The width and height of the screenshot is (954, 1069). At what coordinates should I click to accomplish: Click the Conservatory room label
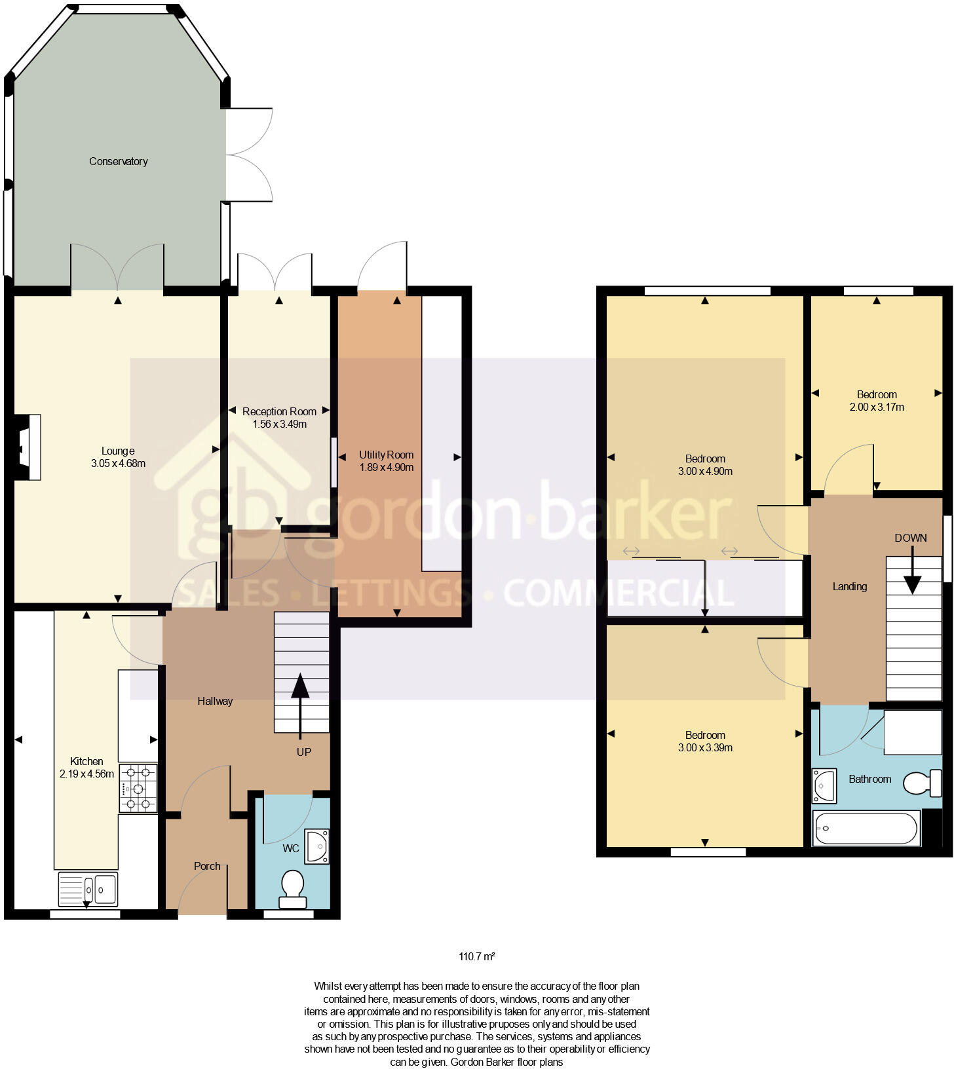(118, 161)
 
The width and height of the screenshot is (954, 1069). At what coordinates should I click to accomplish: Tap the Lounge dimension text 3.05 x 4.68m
(118, 463)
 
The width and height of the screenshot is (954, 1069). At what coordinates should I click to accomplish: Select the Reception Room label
(279, 411)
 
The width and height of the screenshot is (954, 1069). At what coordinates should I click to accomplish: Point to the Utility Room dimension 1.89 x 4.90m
(386, 467)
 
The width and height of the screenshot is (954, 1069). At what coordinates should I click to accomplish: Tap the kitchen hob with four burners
(138, 789)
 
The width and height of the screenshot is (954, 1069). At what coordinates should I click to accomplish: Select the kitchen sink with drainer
(88, 889)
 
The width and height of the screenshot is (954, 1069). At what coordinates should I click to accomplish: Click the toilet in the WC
(292, 889)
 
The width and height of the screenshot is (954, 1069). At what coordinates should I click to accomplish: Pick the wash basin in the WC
(318, 846)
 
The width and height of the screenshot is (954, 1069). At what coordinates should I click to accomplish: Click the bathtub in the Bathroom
(866, 829)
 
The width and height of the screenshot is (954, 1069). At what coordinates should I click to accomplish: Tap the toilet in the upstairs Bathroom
(922, 783)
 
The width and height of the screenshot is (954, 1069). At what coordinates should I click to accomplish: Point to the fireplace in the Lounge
(28, 447)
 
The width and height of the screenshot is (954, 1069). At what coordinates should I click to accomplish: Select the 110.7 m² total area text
(476, 956)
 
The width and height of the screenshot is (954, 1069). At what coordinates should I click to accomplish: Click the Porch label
(207, 866)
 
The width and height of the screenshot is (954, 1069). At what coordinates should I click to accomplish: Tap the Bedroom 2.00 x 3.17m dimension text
(877, 407)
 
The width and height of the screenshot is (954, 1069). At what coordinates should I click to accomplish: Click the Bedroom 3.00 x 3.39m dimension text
(705, 747)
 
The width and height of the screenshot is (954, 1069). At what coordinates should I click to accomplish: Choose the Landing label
(849, 586)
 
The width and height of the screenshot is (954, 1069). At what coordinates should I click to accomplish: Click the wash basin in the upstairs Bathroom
(824, 785)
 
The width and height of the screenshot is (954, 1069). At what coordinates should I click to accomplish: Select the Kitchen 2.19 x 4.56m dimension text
(86, 774)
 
